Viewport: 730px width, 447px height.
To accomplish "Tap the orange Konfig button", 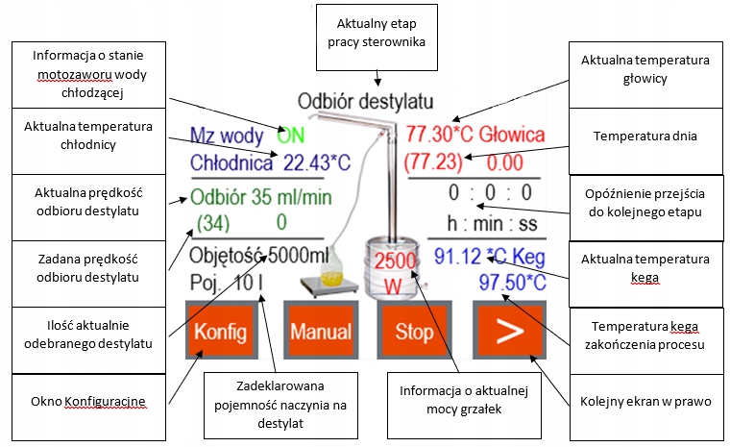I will [223, 333].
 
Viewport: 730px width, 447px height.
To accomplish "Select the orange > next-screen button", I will [509, 333].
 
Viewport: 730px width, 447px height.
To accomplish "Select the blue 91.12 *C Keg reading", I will [489, 257].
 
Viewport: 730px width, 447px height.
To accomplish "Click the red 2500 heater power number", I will [395, 261].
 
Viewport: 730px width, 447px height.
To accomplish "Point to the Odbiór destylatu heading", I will [364, 101].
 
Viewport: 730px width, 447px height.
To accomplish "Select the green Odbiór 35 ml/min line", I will [258, 199].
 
